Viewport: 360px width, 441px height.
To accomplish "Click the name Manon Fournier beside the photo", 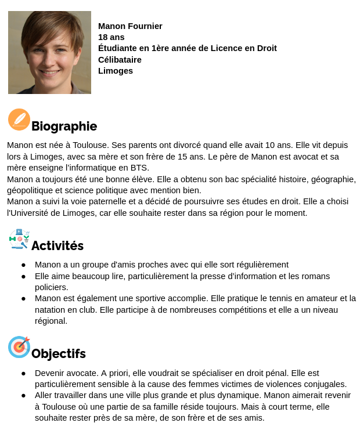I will (x=130, y=26).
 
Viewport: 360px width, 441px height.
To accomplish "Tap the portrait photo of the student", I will (x=49, y=52).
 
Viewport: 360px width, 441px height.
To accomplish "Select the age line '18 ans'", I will (x=111, y=37).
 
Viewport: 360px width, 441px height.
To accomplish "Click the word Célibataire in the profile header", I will (x=120, y=60).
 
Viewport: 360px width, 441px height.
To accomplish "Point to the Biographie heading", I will (x=64, y=126).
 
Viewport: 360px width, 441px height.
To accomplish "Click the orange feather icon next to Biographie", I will (x=19, y=120).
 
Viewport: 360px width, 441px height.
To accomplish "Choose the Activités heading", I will (x=57, y=246).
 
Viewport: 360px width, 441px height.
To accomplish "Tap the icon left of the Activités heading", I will (x=19, y=239).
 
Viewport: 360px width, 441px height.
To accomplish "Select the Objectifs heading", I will (x=58, y=354).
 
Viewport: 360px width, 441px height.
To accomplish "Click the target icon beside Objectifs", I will (x=19, y=347).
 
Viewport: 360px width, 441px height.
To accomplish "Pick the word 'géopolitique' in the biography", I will (x=31, y=190).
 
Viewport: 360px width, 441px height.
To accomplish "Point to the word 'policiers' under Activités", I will (x=51, y=287).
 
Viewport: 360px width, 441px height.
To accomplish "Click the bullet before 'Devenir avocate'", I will (x=23, y=373).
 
